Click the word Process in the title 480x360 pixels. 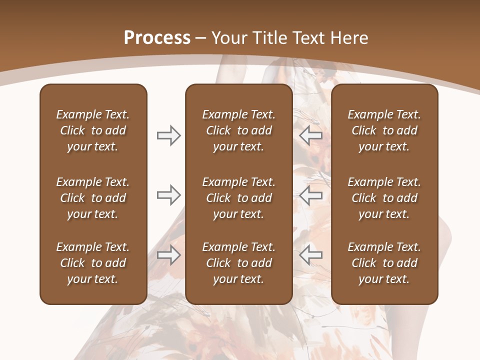point(157,38)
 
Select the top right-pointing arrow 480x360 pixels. point(168,135)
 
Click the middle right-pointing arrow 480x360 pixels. point(168,195)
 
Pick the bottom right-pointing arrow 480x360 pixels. point(168,255)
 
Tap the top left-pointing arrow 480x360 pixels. point(310,135)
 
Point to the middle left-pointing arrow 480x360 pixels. point(310,195)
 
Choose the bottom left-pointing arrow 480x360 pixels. point(310,255)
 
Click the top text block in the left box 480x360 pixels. point(93,130)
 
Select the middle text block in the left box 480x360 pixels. point(93,198)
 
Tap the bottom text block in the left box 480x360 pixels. point(93,263)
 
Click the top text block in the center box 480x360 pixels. point(239,130)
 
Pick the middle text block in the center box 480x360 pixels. point(239,198)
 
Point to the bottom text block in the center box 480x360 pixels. point(239,263)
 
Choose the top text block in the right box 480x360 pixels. point(384,130)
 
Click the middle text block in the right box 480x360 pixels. point(384,198)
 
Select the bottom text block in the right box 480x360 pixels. point(384,263)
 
